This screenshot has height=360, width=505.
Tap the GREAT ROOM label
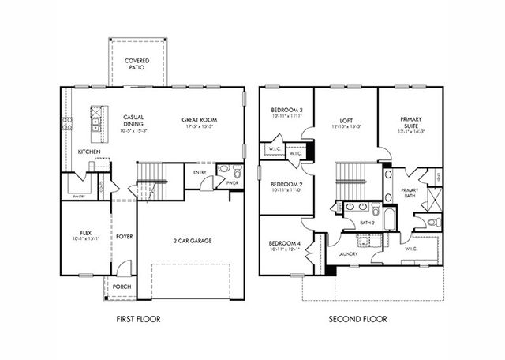[200, 120]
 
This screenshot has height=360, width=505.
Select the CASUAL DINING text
[133, 120]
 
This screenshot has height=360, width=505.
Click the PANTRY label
[78, 196]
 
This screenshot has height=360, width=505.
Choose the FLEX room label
[86, 233]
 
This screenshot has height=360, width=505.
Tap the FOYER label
[125, 236]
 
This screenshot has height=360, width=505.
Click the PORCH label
[122, 287]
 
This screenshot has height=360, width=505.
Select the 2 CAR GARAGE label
[193, 240]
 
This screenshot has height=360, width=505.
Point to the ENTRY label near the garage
[200, 171]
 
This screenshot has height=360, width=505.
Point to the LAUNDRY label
[348, 253]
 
